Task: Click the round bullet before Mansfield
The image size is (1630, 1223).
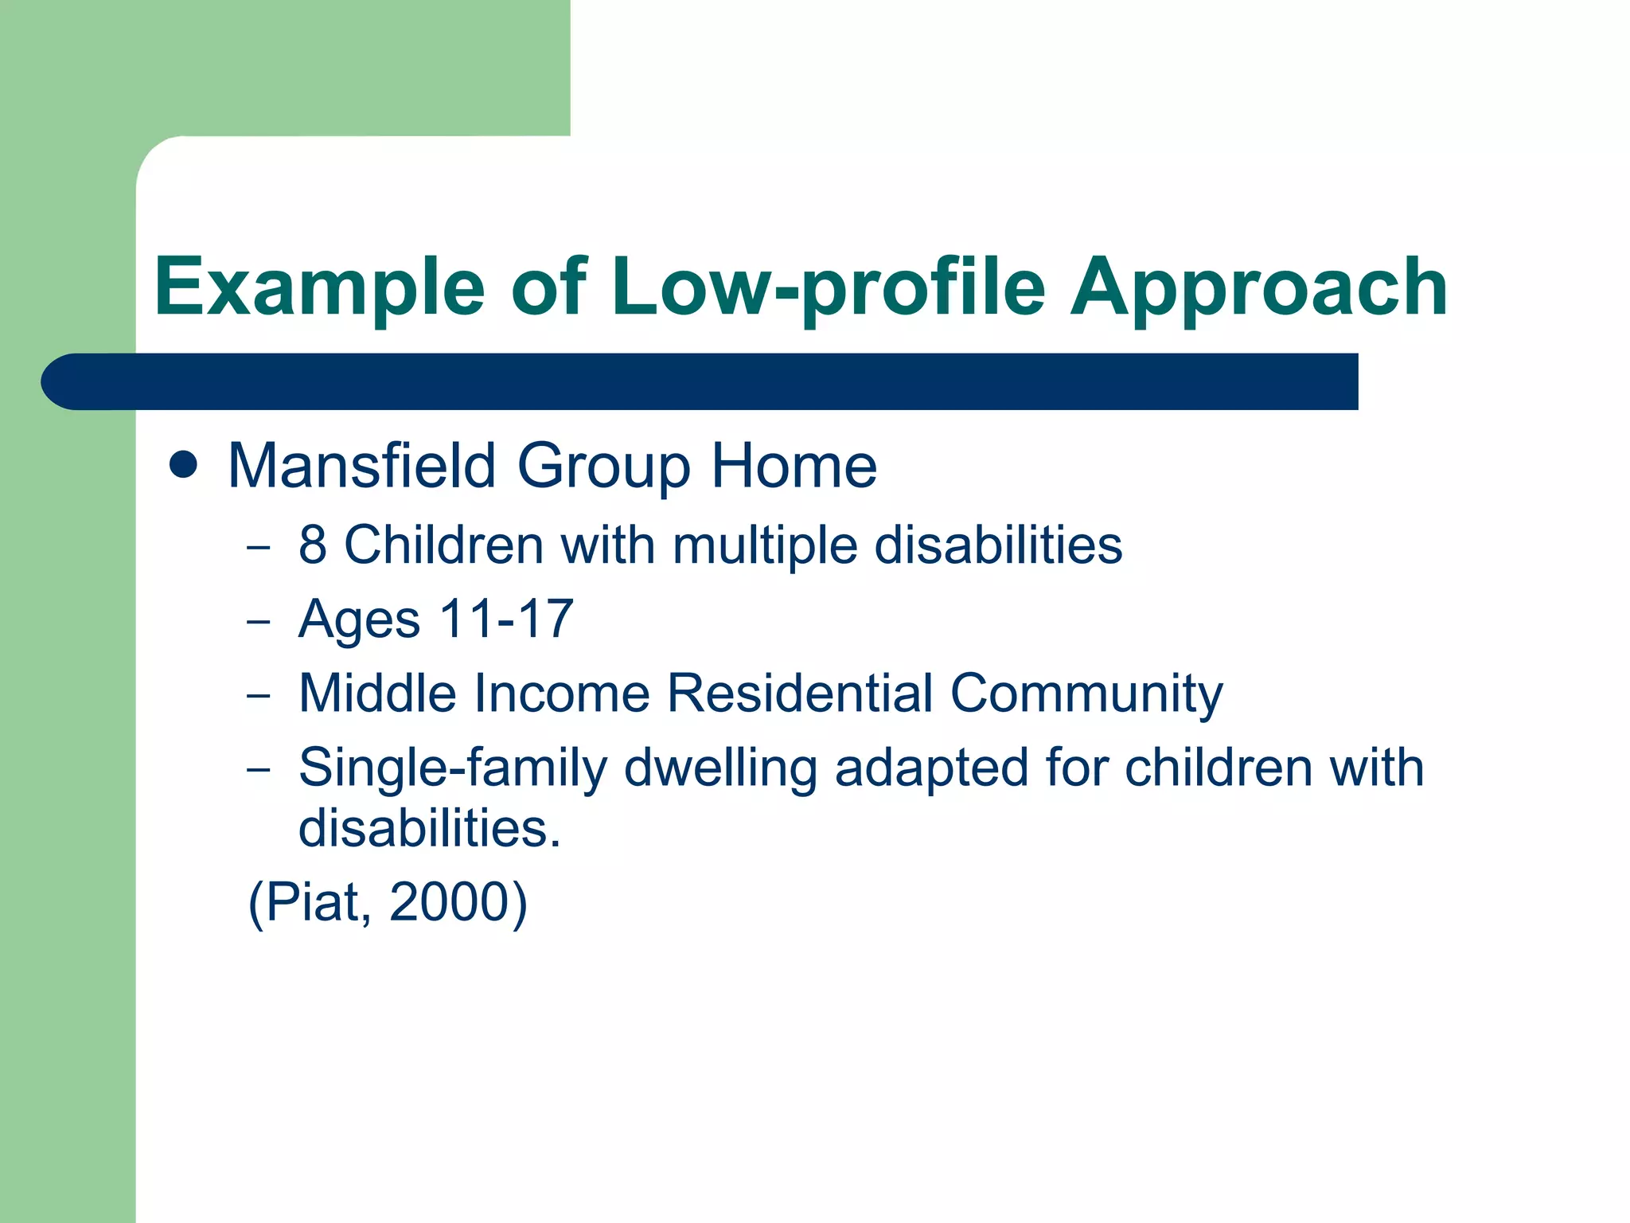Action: pos(183,465)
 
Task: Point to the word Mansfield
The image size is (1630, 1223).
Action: pos(362,467)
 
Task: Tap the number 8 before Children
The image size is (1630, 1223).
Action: pos(313,545)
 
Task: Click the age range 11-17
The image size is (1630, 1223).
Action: pos(506,619)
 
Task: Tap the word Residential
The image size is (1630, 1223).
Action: pos(799,693)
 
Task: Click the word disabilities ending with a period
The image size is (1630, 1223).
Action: pos(430,828)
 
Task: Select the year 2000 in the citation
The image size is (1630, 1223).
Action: pos(449,902)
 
